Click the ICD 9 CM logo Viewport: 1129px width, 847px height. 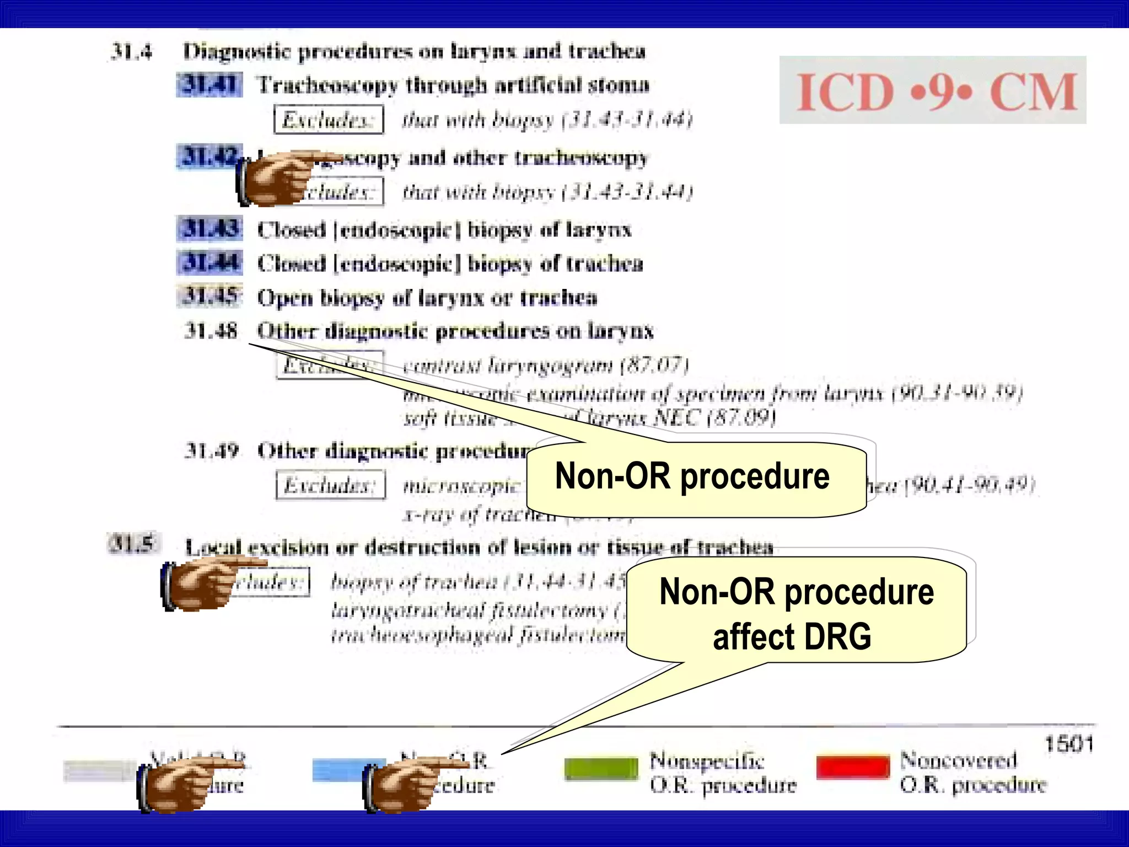pos(933,90)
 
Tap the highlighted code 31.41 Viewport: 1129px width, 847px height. pos(209,84)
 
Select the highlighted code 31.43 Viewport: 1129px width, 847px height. pos(209,229)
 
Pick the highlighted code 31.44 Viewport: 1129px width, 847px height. pos(209,262)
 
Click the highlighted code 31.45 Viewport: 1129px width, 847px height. pos(209,296)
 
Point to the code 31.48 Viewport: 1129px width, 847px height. pos(211,331)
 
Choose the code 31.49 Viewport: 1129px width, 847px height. pos(211,451)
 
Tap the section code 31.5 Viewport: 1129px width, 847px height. pos(132,544)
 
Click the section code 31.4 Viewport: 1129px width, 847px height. pos(131,51)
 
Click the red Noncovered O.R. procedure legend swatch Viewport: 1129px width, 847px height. pos(853,766)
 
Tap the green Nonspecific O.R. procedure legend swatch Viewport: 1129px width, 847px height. pos(601,768)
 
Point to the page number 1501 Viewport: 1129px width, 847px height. pos(1068,744)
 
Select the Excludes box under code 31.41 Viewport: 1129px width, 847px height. pos(329,119)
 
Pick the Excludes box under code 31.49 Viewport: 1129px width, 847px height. pos(330,485)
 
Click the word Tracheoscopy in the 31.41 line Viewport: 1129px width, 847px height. pos(327,85)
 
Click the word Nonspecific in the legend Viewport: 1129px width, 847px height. pos(707,761)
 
